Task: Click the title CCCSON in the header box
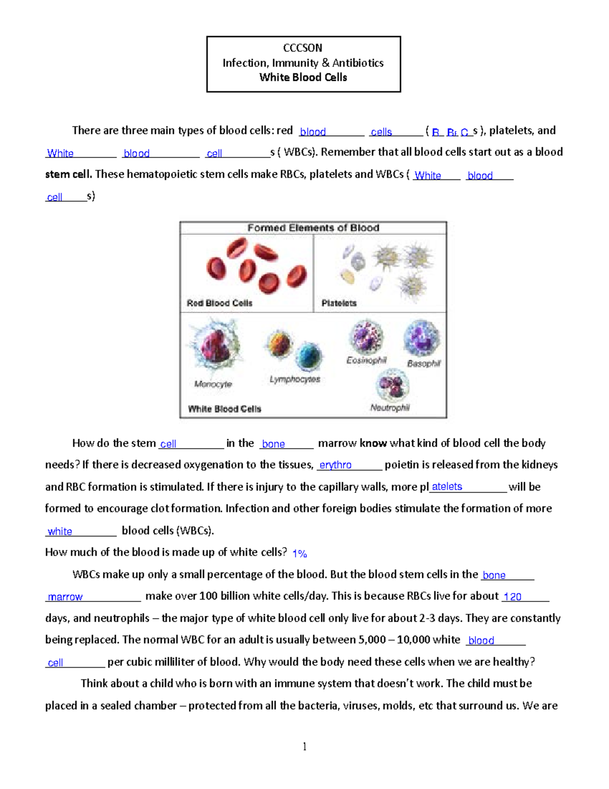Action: (302, 48)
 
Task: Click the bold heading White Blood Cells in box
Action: (303, 77)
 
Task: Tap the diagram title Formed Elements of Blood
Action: (313, 228)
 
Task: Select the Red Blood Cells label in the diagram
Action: (219, 303)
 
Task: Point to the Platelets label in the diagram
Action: (339, 303)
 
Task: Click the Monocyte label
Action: (213, 384)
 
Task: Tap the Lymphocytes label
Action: (295, 379)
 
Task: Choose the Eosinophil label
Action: (366, 360)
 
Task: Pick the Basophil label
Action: (424, 363)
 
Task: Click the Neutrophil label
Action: (390, 407)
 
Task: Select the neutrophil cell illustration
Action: (392, 385)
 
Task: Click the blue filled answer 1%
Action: (299, 553)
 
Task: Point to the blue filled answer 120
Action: (512, 596)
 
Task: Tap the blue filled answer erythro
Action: (335, 465)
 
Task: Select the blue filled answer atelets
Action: (447, 487)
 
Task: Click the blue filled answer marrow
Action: (65, 597)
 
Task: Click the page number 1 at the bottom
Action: (304, 746)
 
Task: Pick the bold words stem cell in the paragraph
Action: (68, 174)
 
